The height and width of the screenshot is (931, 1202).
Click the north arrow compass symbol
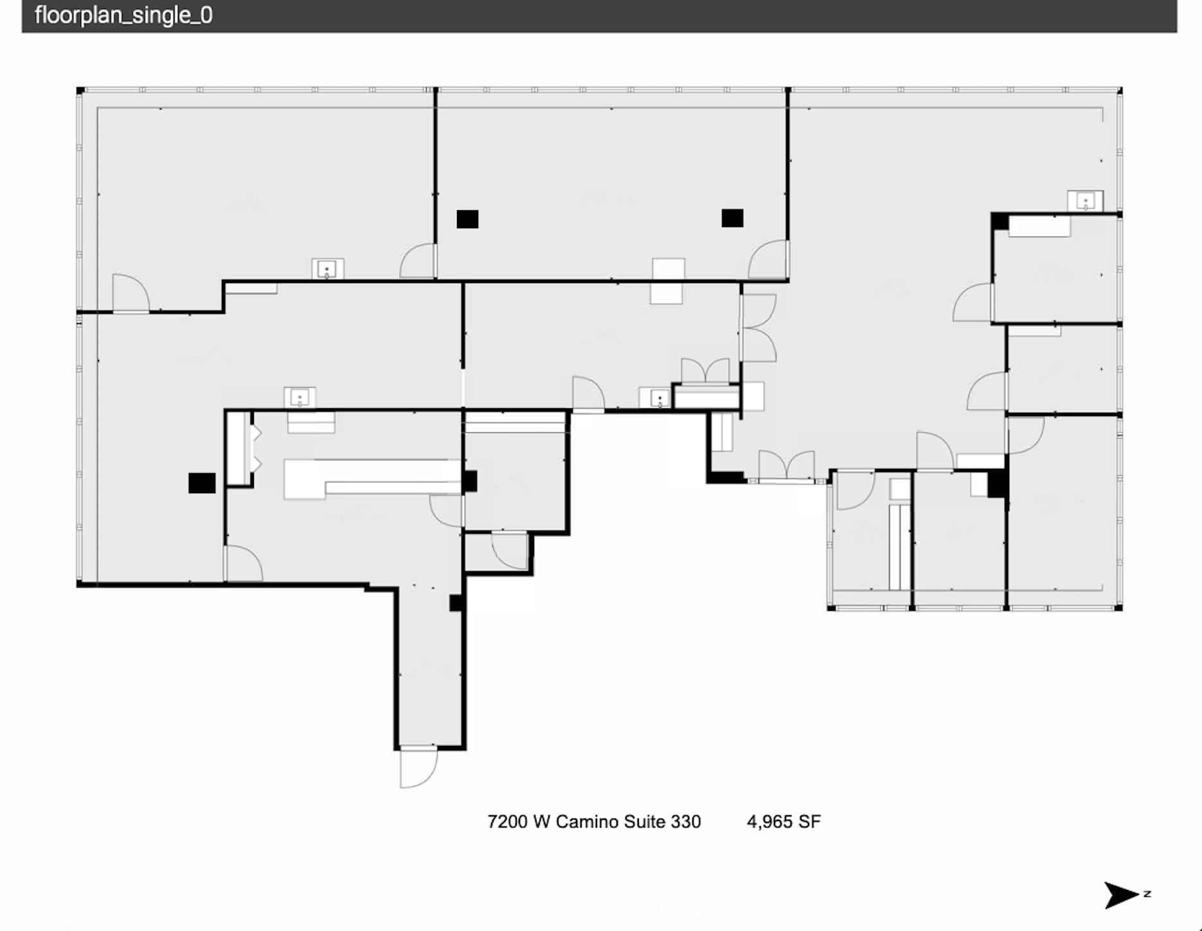1120,894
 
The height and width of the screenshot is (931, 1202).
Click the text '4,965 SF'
783,822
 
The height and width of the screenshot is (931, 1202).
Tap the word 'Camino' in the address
596,822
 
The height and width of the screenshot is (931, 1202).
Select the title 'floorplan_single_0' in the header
123,15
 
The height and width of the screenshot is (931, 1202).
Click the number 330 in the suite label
685,822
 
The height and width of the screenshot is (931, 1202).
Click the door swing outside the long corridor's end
418,767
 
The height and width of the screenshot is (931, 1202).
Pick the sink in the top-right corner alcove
1085,201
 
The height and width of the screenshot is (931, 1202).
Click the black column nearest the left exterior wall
202,483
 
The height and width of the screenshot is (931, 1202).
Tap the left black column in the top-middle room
467,219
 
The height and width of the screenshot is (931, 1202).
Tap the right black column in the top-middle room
732,218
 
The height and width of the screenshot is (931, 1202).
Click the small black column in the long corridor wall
456,602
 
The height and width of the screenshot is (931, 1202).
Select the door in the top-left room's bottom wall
130,294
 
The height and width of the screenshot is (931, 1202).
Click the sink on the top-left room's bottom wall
327,269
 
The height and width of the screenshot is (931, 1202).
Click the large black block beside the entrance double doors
726,477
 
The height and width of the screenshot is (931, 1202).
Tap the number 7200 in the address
507,822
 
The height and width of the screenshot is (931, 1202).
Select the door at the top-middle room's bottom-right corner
768,260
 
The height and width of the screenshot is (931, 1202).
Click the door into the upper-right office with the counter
973,303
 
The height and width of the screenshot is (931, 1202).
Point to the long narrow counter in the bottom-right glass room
899,547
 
